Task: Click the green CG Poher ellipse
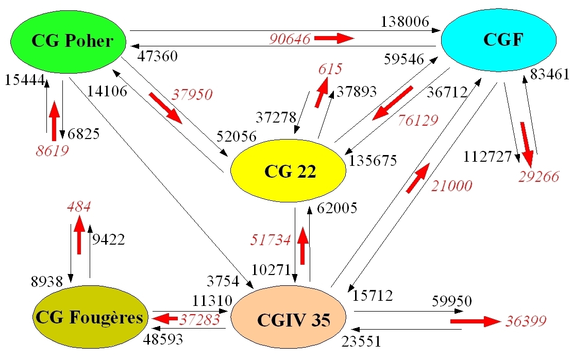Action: point(72,41)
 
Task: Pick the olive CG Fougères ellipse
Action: point(89,317)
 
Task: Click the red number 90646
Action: point(289,39)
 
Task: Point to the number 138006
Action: point(405,22)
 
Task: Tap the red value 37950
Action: point(192,95)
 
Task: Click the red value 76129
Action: point(418,120)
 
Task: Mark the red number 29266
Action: point(539,177)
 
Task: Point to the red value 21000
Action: point(452,185)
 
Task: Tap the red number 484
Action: point(79,207)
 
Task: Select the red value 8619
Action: point(52,150)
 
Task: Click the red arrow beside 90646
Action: point(334,38)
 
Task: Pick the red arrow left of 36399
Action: point(475,321)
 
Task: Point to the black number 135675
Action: point(373,161)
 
